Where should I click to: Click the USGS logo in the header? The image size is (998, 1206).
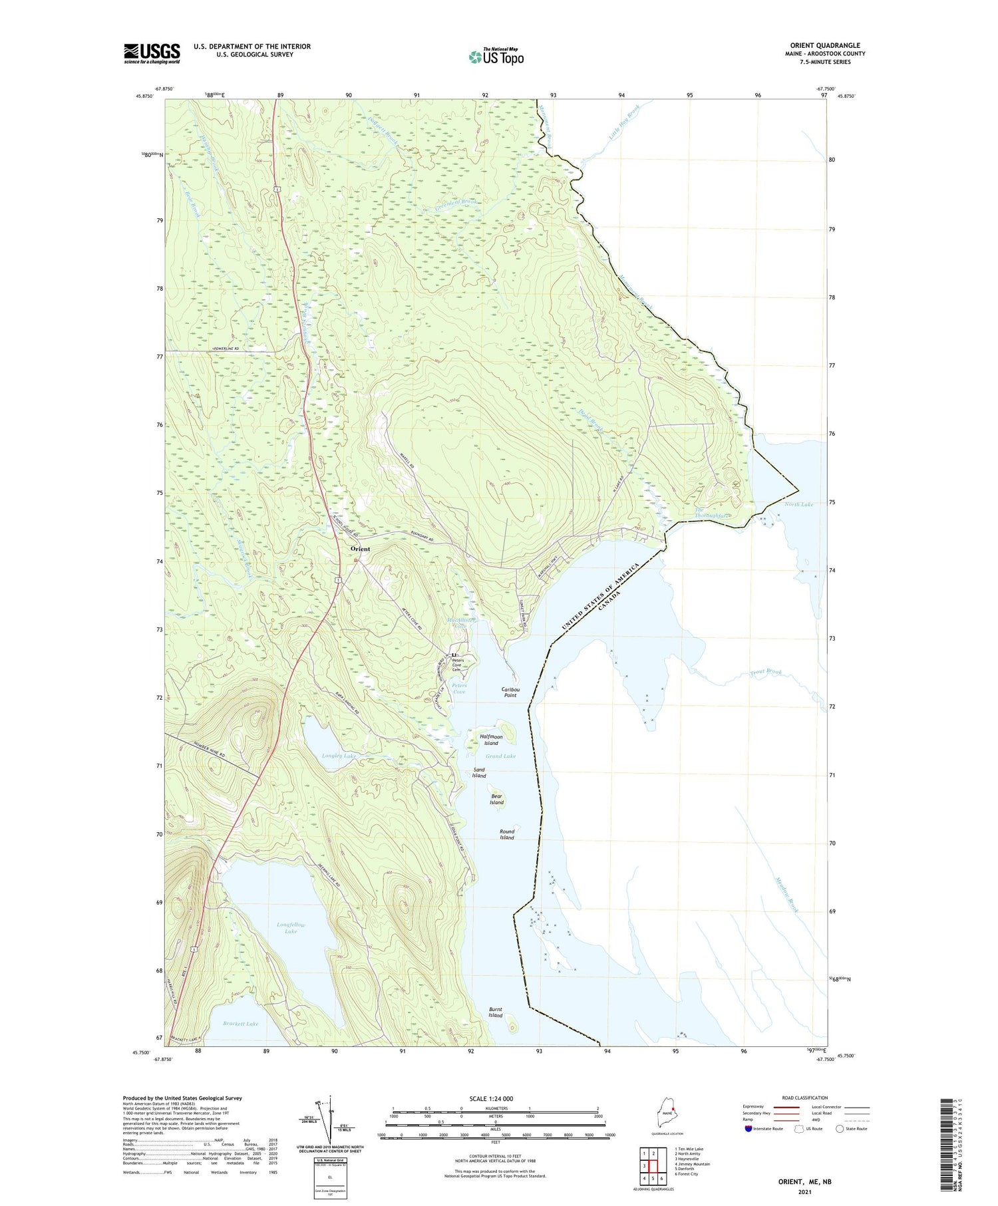point(152,53)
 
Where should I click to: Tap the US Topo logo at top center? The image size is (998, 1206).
point(496,57)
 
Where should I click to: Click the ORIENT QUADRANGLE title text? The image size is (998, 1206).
point(824,45)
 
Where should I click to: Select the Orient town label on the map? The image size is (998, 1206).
point(360,549)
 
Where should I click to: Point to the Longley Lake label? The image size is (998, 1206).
point(339,756)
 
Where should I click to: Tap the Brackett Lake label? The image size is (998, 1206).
point(241,1024)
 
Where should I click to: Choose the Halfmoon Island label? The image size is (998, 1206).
point(491,740)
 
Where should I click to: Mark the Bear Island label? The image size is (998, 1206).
point(497,799)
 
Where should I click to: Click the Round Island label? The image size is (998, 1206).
point(507,834)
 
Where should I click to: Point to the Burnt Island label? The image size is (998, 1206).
point(495,1012)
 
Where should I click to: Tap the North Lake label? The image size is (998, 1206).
point(798,504)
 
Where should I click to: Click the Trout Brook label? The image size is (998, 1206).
point(765,674)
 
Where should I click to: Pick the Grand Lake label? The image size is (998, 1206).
point(500,756)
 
